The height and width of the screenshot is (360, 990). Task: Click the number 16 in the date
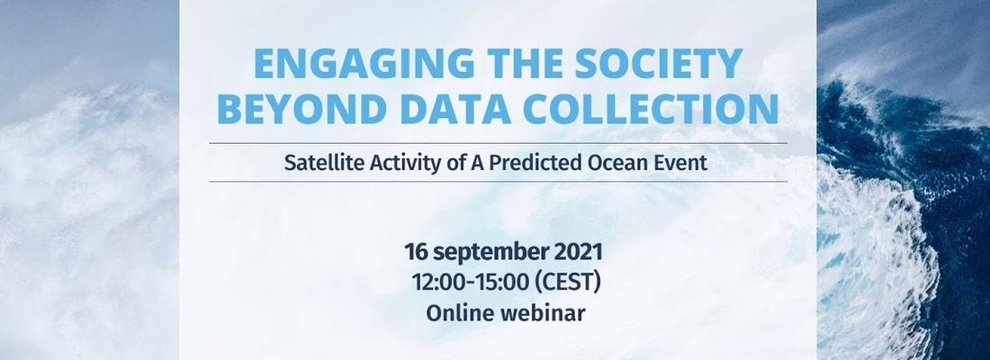tap(416, 251)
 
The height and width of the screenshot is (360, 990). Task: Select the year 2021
tap(579, 251)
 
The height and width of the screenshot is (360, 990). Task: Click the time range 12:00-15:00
tap(470, 283)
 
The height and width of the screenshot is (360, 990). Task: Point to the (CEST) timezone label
tap(568, 283)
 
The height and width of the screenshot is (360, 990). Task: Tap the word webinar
tap(543, 312)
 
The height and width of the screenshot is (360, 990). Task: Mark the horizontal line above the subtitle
tap(499, 143)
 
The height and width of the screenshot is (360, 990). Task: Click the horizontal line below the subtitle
tap(499, 181)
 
